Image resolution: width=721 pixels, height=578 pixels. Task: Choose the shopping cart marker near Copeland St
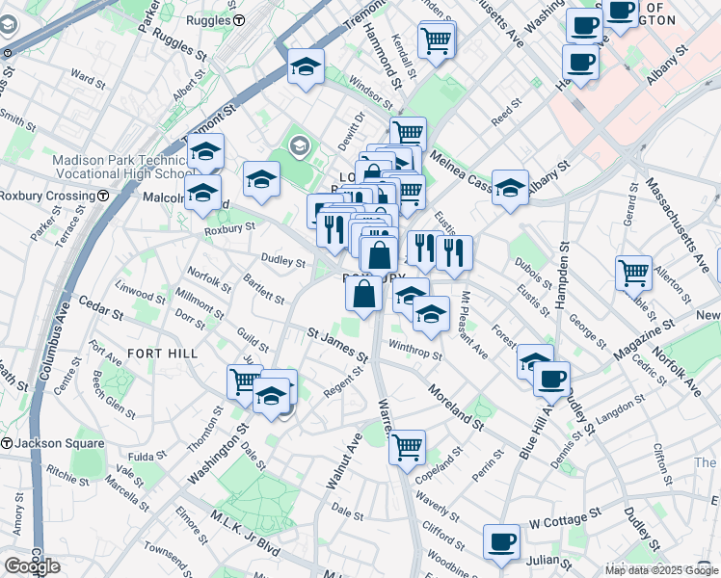[408, 446]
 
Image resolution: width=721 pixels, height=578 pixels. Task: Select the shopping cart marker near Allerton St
[633, 273]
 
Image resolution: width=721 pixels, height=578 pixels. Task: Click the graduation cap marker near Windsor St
[307, 67]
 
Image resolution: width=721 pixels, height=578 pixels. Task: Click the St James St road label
[337, 345]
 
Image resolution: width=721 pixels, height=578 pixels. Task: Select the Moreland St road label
[456, 405]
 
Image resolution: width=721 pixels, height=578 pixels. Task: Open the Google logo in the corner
[32, 566]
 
